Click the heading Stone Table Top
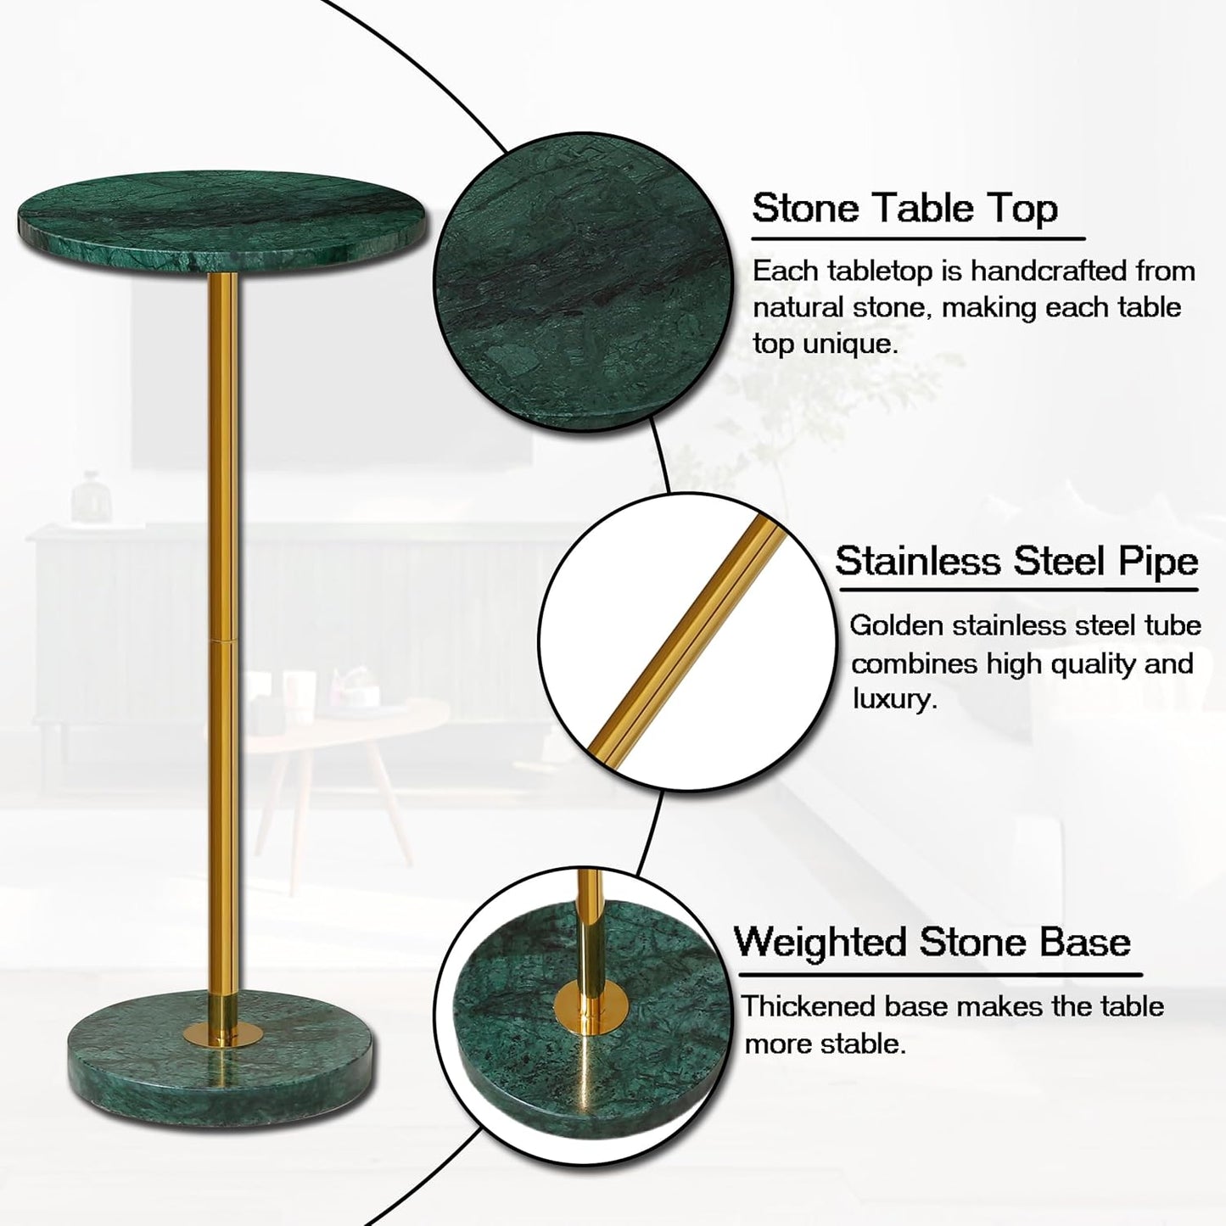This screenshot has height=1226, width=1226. pyautogui.click(x=904, y=208)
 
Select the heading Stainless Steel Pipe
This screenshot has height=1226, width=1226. pyautogui.click(x=1016, y=561)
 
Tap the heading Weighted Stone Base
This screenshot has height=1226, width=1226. pyautogui.click(x=932, y=942)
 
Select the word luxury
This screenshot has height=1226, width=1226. pyautogui.click(x=893, y=700)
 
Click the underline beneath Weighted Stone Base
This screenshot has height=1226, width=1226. pyautogui.click(x=938, y=975)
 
